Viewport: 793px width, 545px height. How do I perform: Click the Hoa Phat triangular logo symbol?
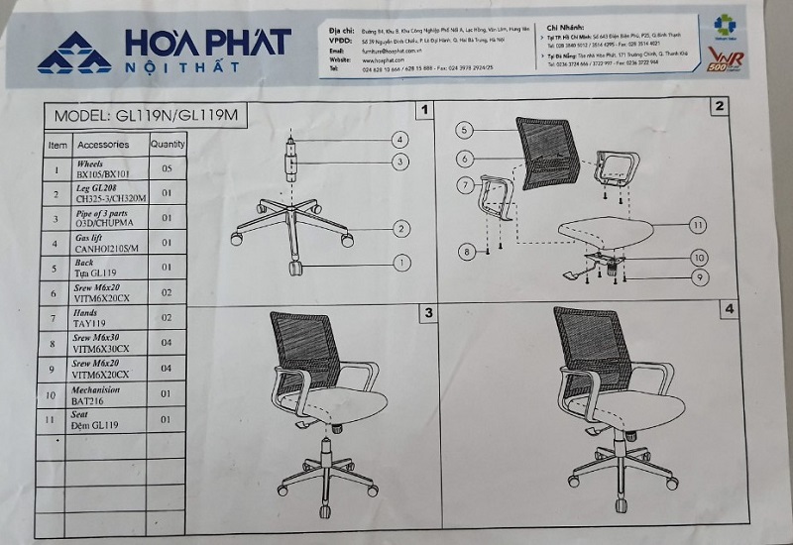pyautogui.click(x=74, y=53)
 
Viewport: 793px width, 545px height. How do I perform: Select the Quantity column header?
pyautogui.click(x=168, y=144)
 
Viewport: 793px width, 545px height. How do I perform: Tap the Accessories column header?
pyautogui.click(x=103, y=145)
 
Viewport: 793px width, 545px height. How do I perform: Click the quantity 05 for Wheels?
pyautogui.click(x=168, y=169)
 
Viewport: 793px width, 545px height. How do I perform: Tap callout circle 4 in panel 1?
pyautogui.click(x=400, y=140)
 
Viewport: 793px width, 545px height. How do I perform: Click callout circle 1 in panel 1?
pyautogui.click(x=400, y=263)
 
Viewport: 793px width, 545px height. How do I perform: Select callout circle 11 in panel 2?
pyautogui.click(x=698, y=225)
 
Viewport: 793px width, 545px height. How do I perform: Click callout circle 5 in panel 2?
pyautogui.click(x=467, y=129)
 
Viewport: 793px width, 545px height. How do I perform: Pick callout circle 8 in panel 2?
pyautogui.click(x=468, y=254)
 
